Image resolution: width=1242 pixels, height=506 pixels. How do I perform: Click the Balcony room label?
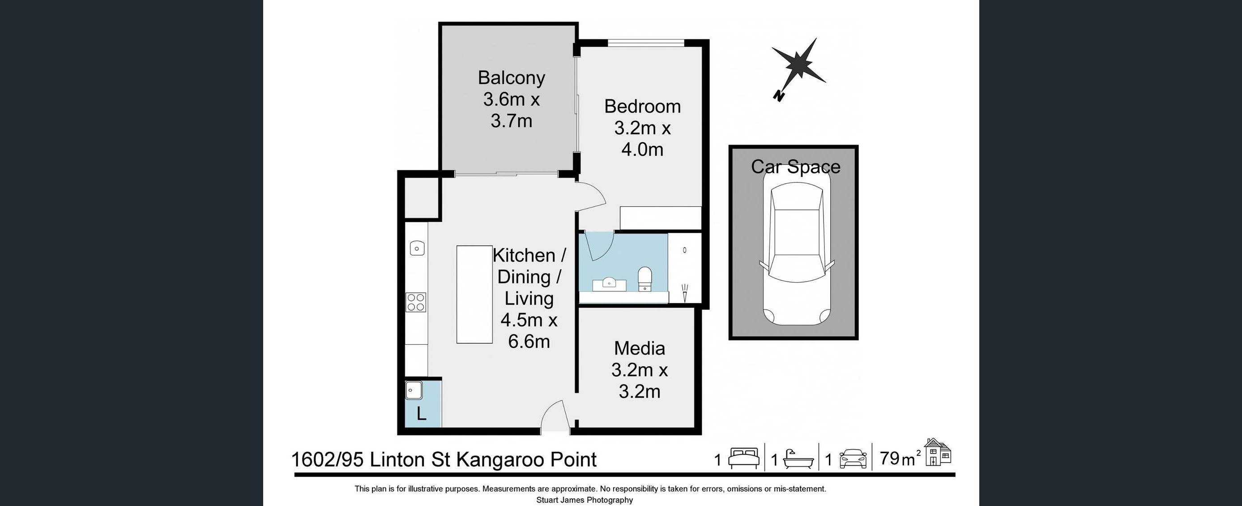(x=512, y=77)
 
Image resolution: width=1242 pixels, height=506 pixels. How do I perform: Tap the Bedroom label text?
(x=642, y=106)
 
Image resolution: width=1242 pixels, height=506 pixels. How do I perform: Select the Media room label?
(x=639, y=348)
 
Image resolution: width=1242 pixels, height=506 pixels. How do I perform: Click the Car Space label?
(x=795, y=167)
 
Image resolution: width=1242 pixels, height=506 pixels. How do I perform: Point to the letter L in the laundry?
(x=422, y=413)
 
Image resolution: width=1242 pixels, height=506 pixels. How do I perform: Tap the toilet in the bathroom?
(x=644, y=279)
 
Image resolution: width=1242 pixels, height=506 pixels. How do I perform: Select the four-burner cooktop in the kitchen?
(x=416, y=302)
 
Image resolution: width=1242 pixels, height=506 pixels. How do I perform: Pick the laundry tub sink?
(x=414, y=390)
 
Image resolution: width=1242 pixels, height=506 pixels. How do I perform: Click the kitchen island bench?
(x=474, y=294)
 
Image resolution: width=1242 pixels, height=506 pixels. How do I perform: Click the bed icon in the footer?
(x=744, y=458)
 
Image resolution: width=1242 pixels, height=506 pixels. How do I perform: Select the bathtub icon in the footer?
(x=798, y=459)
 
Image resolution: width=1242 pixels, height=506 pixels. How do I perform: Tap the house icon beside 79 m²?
(x=938, y=452)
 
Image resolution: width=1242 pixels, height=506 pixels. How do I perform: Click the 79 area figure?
(x=890, y=458)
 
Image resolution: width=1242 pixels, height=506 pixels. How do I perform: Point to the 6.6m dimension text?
(x=529, y=342)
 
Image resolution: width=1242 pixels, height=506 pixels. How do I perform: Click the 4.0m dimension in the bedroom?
(x=642, y=150)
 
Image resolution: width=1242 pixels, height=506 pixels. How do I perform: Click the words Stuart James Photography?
(x=585, y=500)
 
